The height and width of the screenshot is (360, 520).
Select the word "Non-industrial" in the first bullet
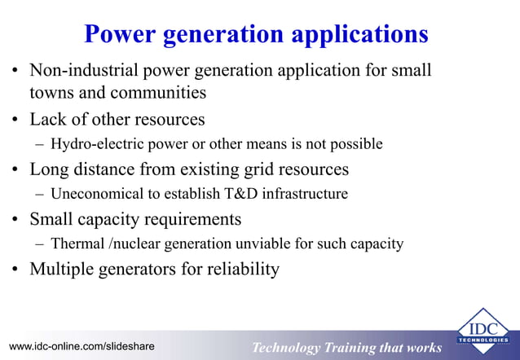click(x=80, y=71)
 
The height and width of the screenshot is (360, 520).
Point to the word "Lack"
click(x=48, y=120)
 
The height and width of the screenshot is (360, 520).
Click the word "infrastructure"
click(x=303, y=195)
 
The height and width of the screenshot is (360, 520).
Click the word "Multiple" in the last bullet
click(x=63, y=269)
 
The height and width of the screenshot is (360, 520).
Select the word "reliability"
click(x=241, y=269)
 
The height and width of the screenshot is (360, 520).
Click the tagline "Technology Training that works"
click(x=346, y=348)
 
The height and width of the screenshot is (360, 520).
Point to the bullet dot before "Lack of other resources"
click(x=15, y=121)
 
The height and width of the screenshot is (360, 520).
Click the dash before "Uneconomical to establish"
click(x=40, y=195)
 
